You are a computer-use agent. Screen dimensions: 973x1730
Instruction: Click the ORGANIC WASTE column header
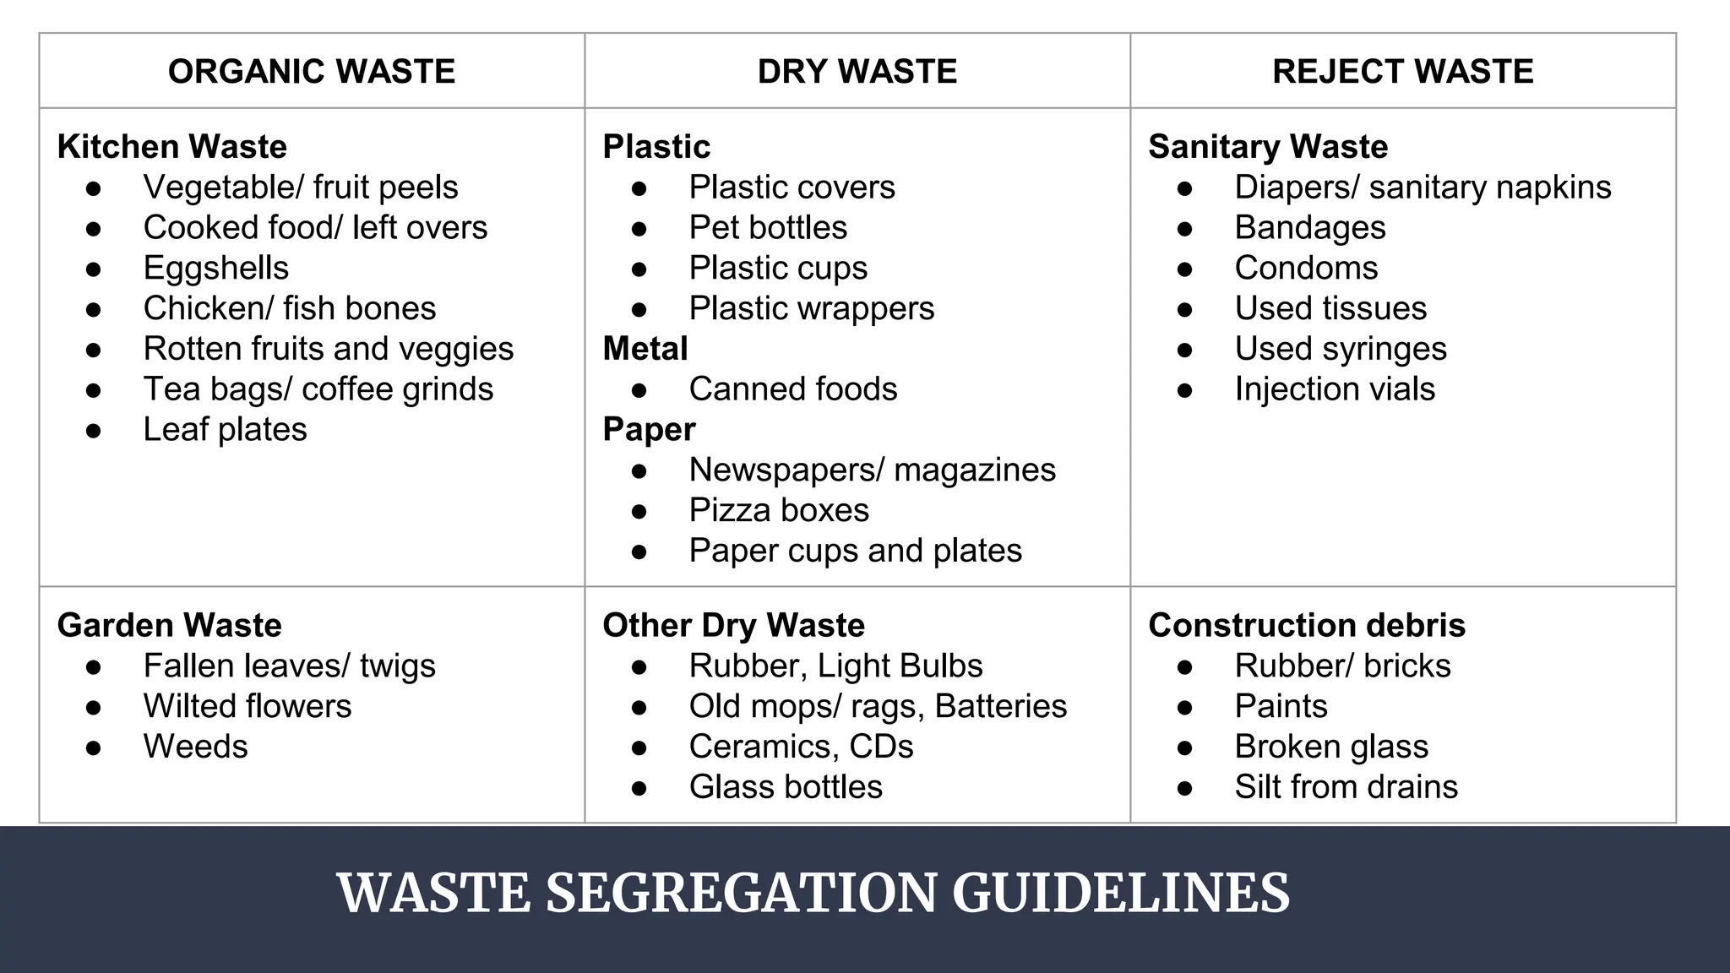coord(312,71)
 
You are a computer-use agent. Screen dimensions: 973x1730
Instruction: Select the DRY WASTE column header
coord(857,71)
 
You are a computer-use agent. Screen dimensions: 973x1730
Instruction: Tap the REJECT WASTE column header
coord(1403,71)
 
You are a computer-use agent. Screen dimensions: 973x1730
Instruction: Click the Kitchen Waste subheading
coord(172,146)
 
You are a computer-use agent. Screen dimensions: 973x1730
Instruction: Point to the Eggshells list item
coord(216,268)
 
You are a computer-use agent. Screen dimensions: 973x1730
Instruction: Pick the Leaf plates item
coord(225,429)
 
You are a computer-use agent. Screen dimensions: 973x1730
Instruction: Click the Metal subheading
coord(645,348)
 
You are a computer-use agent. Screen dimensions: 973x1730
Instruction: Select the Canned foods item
coord(793,389)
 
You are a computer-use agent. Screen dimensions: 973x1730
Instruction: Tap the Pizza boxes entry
coord(779,510)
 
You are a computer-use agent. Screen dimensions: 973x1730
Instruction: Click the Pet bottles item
coord(768,227)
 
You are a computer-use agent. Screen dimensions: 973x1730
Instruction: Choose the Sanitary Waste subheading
coord(1268,146)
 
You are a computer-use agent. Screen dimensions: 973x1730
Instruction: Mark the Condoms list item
coord(1306,268)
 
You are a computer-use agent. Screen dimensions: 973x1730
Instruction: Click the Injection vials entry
coord(1335,389)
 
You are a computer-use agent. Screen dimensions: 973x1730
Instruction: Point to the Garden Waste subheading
coord(170,625)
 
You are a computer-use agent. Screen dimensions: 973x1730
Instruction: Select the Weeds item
coord(196,747)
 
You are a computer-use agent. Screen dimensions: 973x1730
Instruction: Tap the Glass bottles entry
coord(786,786)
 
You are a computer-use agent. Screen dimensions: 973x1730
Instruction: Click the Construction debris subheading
coord(1307,625)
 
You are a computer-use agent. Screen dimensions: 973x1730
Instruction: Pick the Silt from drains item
coord(1346,786)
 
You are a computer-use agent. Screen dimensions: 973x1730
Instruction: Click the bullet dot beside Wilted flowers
coord(94,707)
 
